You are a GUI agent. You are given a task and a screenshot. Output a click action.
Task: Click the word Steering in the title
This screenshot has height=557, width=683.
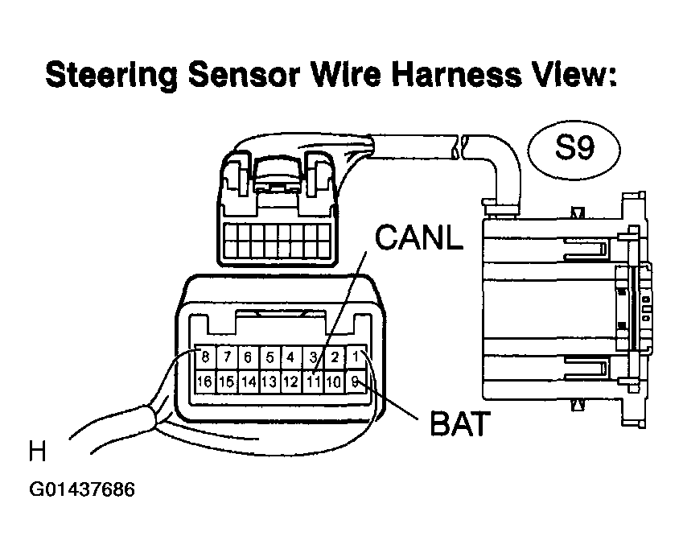(x=112, y=75)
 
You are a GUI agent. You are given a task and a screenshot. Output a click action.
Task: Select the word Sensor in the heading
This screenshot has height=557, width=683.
(x=245, y=74)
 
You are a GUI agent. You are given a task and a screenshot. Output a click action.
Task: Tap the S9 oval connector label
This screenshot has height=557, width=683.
(x=574, y=150)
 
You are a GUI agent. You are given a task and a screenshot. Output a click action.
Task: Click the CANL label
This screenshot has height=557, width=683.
(x=418, y=237)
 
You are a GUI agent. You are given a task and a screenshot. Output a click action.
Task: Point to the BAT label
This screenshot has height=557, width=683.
(x=459, y=423)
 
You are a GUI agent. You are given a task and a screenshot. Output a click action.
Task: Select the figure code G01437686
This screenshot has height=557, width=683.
(x=82, y=489)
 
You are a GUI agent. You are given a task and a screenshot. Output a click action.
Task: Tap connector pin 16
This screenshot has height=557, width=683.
(x=204, y=382)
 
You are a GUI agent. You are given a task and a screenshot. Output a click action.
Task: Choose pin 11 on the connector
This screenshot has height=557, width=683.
(x=313, y=382)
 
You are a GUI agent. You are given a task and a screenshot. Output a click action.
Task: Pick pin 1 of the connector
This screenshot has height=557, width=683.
(x=356, y=357)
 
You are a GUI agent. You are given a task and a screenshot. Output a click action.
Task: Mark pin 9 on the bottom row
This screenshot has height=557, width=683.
(x=356, y=382)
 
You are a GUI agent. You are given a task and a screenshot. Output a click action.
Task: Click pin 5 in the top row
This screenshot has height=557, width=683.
(x=269, y=357)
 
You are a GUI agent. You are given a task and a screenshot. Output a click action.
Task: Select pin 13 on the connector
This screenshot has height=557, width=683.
(x=269, y=382)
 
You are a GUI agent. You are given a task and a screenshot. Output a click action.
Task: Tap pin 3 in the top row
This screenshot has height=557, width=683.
(x=313, y=357)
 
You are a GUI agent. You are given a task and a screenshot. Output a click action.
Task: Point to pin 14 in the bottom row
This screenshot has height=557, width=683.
(x=249, y=382)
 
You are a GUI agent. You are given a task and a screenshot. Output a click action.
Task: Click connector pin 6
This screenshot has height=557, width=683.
(x=249, y=357)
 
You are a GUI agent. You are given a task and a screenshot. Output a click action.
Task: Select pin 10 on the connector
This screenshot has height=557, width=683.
(x=334, y=382)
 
